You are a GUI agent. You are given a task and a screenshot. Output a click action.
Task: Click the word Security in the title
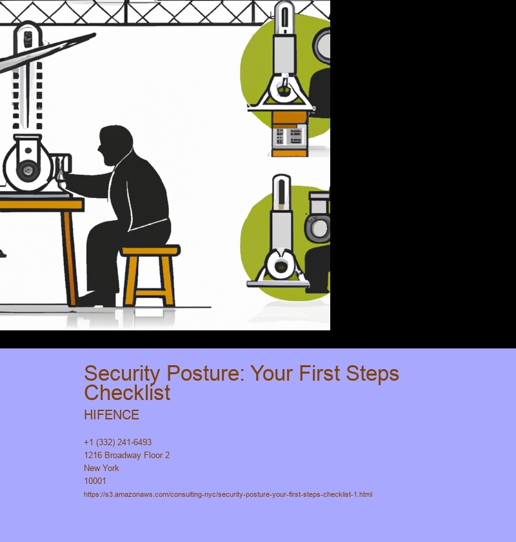[x=122, y=374]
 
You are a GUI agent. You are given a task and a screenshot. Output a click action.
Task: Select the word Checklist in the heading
[x=127, y=393]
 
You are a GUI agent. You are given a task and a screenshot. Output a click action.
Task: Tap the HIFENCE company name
[x=112, y=415]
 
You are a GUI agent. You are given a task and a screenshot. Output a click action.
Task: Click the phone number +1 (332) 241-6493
[x=117, y=442]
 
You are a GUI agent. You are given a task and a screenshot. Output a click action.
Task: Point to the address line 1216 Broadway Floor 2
[x=127, y=456]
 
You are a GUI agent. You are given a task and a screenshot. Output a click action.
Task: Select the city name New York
[x=101, y=468]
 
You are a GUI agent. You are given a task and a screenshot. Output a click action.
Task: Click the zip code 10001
[x=95, y=481]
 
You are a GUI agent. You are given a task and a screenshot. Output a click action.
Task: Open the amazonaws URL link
[x=228, y=494]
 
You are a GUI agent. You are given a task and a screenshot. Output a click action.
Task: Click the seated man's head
[x=114, y=145]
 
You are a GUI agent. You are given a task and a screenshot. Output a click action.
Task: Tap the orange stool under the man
[x=150, y=275]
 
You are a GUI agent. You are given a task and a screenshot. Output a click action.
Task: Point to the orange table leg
[x=70, y=258]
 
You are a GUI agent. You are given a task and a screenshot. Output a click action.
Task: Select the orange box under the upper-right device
[x=289, y=134]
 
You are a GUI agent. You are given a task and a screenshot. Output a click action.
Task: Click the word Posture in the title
[x=205, y=374]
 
